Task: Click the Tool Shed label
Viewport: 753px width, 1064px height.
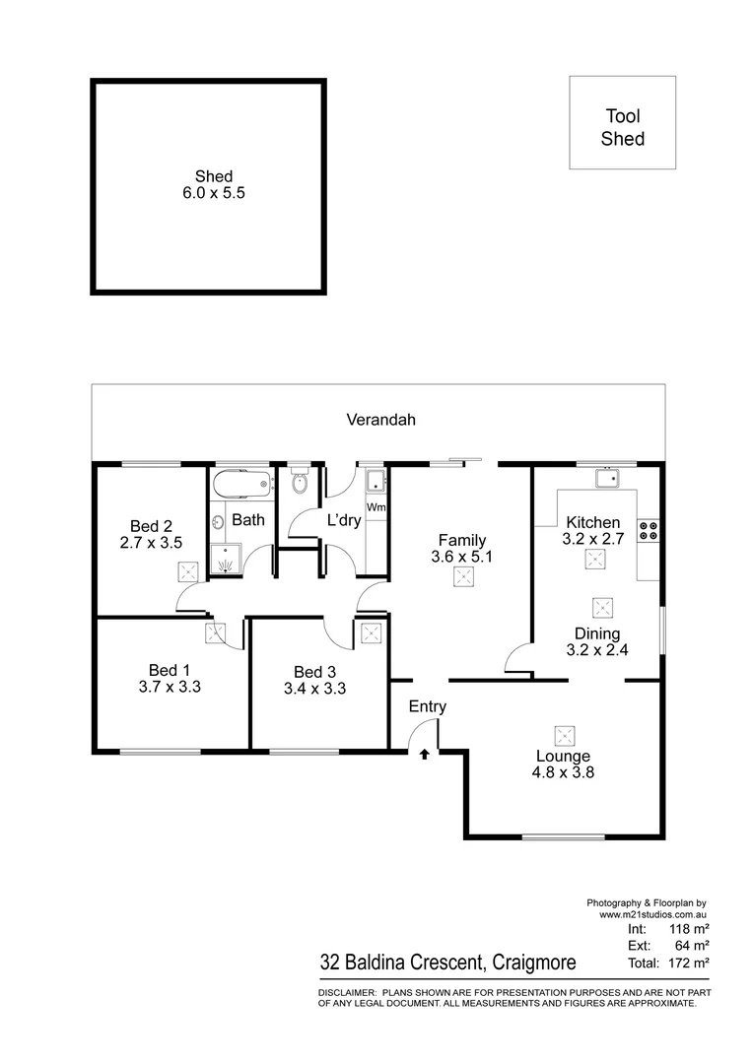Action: point(623,128)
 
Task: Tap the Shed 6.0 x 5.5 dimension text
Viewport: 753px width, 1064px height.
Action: point(213,194)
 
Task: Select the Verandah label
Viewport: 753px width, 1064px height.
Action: point(380,420)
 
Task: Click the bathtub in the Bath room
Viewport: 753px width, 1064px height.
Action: point(240,484)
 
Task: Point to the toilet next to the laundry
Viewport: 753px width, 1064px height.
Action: point(301,484)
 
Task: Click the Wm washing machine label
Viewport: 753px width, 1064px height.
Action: point(376,507)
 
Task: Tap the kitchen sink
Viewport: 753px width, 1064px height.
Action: point(605,479)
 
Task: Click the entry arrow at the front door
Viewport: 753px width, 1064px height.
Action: point(425,755)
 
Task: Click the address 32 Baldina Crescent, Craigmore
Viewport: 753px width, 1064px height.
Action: point(448,962)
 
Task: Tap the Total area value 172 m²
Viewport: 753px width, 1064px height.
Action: point(691,962)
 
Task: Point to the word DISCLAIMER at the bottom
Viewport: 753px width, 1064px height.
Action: point(346,992)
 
